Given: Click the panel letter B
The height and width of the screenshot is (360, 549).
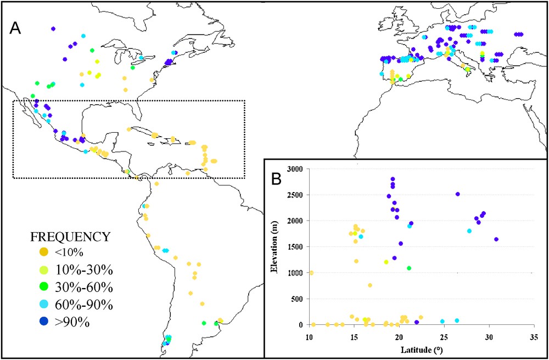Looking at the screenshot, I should [277, 178].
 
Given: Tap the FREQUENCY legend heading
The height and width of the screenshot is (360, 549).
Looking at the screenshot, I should [70, 237].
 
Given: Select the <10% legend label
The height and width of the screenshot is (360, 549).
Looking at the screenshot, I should [69, 252].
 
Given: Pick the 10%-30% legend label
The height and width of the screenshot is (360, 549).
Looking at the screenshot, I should [81, 270].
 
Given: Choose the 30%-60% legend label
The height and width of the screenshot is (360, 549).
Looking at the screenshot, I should [81, 288].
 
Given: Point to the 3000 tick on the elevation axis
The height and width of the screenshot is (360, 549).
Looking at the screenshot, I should [296, 168].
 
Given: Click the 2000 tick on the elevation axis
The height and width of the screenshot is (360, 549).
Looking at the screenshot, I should [296, 221].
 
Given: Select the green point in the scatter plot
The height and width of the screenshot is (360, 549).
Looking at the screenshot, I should [408, 268].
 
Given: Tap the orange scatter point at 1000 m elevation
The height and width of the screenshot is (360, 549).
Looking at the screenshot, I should [311, 273].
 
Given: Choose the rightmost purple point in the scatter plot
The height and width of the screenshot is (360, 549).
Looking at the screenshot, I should [496, 239].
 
